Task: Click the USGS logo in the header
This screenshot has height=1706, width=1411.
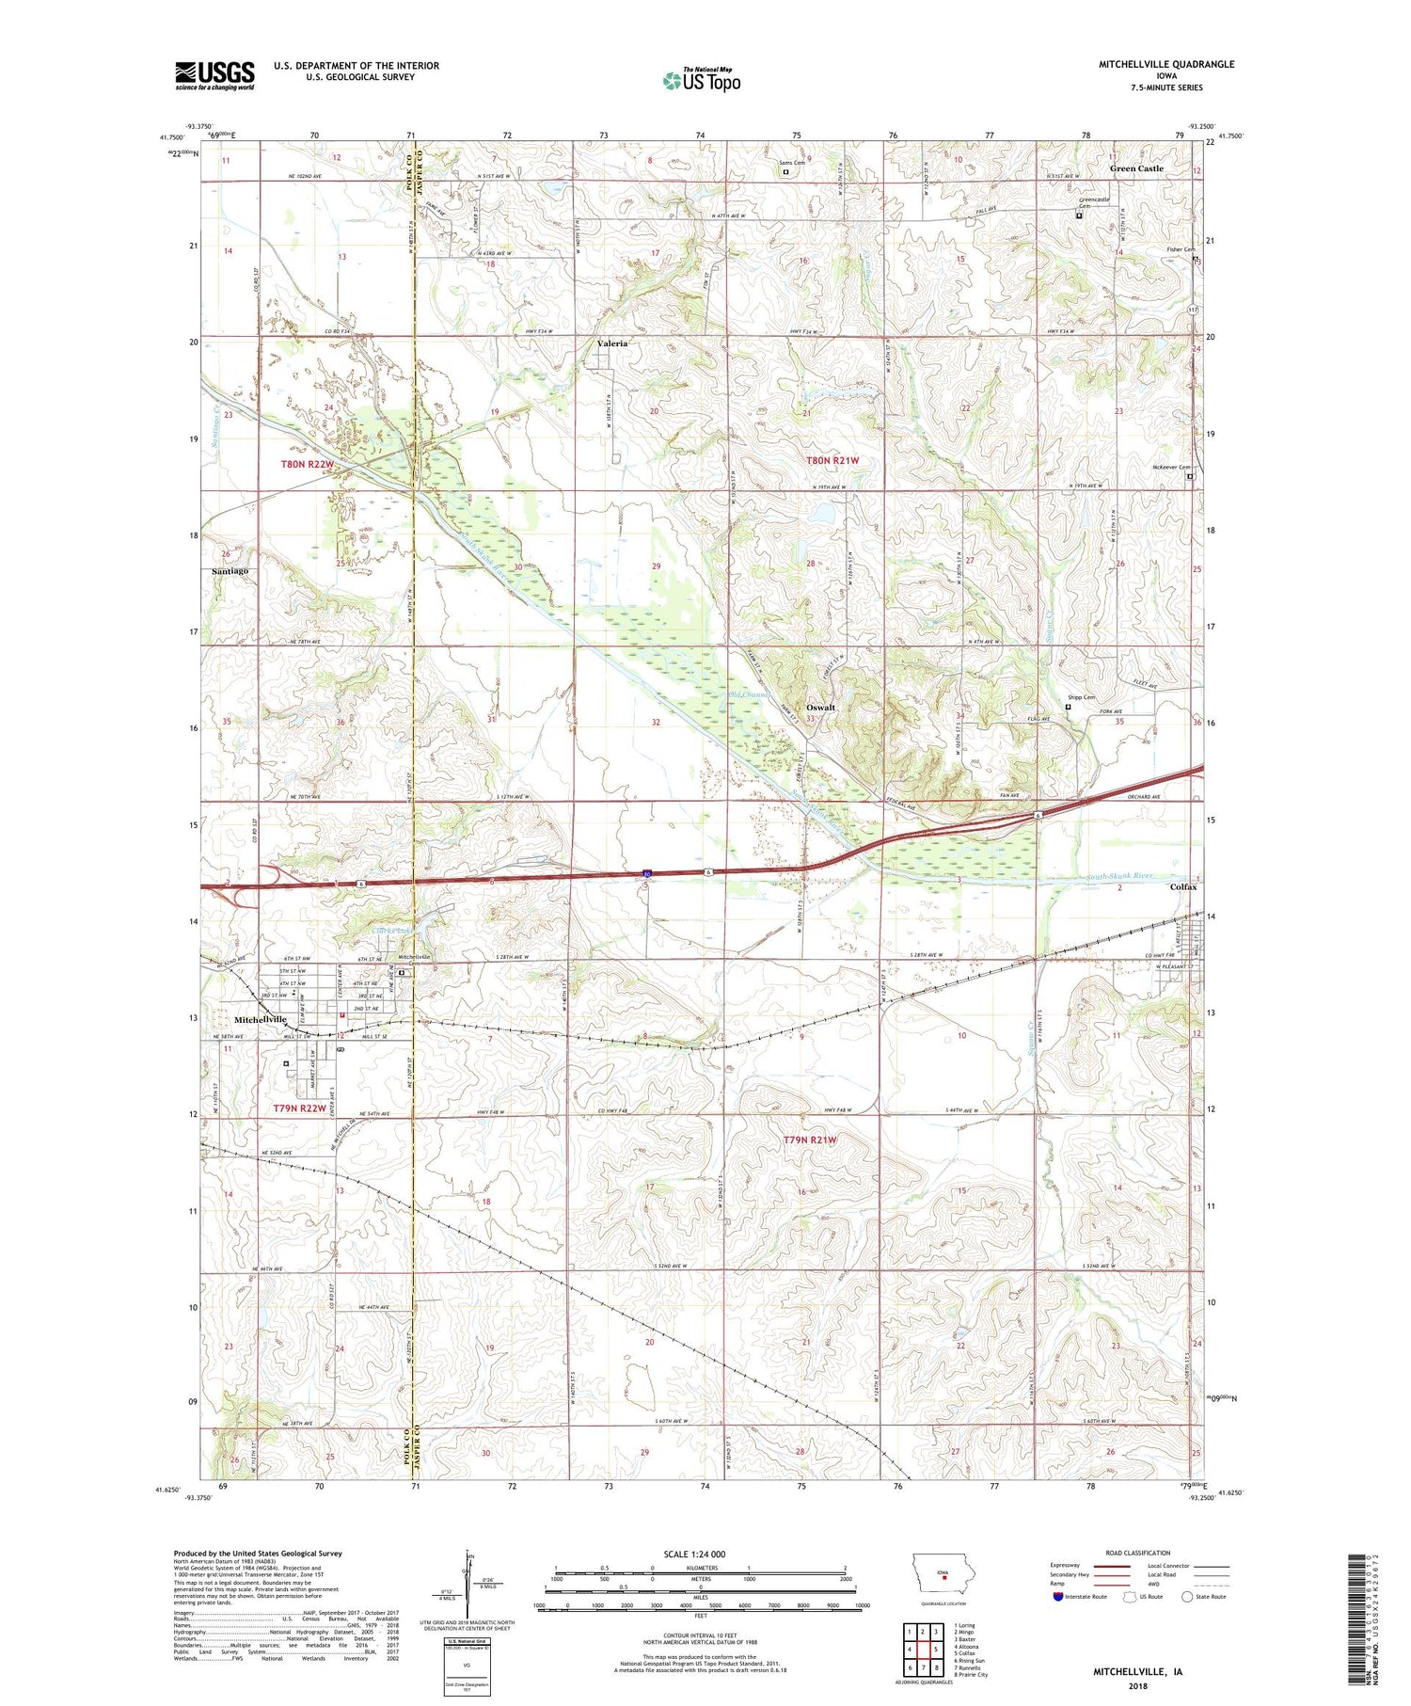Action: [x=214, y=75]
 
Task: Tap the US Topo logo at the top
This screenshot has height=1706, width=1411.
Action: [x=701, y=80]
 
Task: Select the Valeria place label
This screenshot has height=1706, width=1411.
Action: [x=612, y=343]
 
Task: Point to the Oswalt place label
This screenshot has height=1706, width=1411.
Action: [x=820, y=707]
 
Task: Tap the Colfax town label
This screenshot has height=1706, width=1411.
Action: [x=1182, y=886]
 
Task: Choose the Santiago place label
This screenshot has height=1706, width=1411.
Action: [x=230, y=571]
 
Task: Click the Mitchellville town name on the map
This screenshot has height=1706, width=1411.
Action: [x=261, y=1019]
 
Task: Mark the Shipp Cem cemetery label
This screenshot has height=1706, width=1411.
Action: [x=1081, y=697]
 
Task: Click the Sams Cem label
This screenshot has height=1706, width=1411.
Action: [x=792, y=163]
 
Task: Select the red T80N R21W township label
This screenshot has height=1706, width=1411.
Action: [x=832, y=460]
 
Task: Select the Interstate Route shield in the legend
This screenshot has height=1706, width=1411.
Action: [x=1057, y=1597]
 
